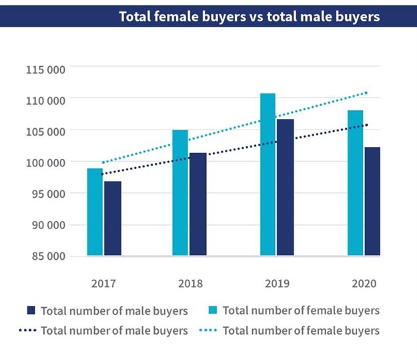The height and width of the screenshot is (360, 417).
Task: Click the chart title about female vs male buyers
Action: (249, 16)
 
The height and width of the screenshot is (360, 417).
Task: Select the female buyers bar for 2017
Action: (95, 212)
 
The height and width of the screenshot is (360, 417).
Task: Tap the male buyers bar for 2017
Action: (112, 218)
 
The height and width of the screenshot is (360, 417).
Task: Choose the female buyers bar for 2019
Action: (268, 174)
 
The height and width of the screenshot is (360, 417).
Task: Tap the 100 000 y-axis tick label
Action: (45, 162)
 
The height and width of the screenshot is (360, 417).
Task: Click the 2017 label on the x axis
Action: (103, 283)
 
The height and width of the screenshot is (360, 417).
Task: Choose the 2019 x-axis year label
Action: (276, 283)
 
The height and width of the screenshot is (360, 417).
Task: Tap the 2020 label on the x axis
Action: (364, 283)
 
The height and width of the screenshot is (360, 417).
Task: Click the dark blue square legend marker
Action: (31, 311)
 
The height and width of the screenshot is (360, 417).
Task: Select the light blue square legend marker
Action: (213, 311)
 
